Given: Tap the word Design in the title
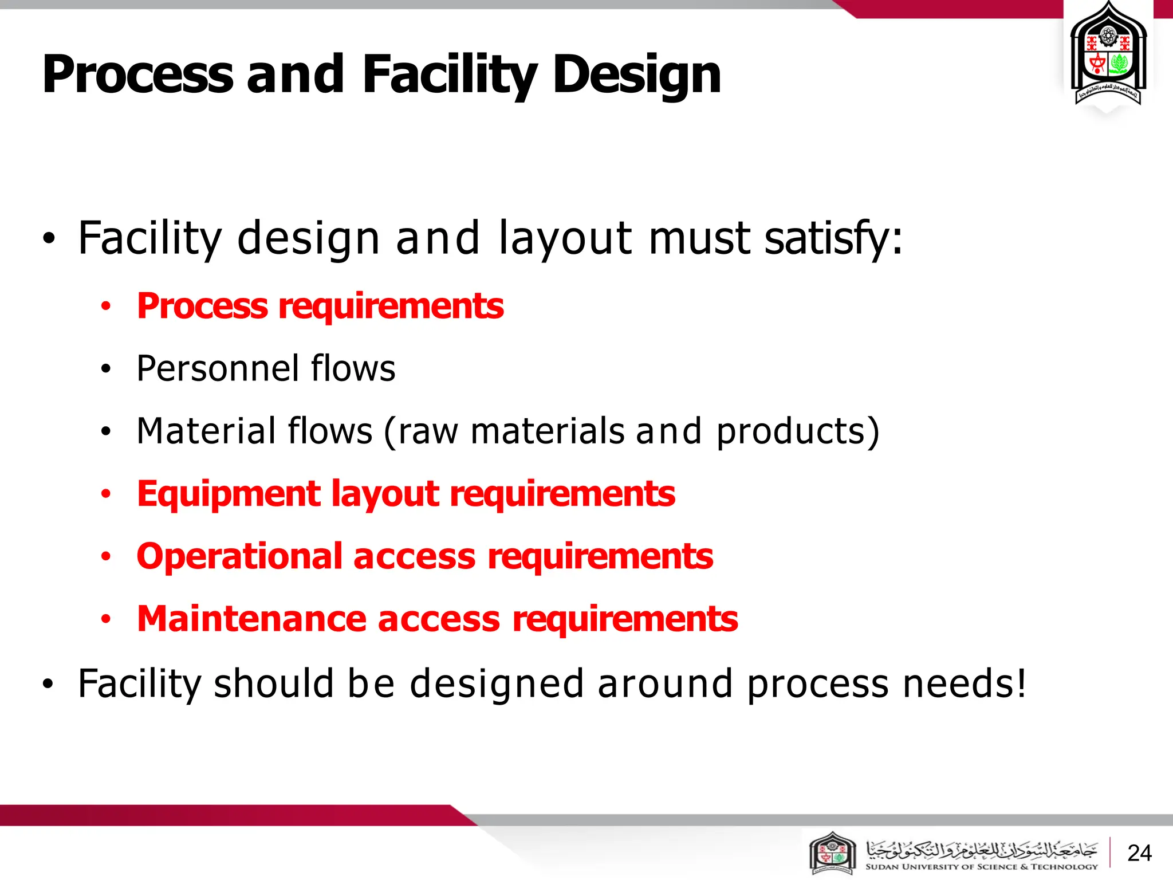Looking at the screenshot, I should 636,76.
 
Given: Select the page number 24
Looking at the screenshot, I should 1139,853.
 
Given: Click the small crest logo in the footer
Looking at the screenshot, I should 833,853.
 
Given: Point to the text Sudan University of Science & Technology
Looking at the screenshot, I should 981,867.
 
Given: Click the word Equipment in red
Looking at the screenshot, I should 229,494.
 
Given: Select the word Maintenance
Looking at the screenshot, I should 251,619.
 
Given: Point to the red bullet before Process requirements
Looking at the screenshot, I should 105,307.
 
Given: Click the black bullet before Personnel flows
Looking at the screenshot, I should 105,370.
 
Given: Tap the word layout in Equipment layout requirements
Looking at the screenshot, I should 385,494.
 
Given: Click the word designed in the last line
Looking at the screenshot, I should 497,683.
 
